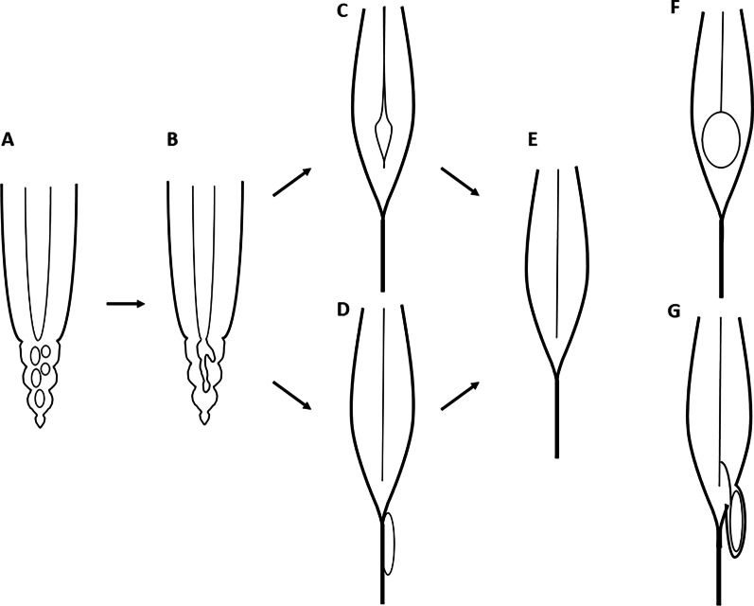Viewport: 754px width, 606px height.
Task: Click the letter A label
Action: pos(8,140)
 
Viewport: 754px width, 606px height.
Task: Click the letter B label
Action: pos(172,140)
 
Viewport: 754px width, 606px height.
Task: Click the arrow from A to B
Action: pos(125,303)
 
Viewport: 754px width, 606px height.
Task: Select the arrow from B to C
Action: pos(293,182)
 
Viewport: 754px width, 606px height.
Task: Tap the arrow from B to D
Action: pos(293,395)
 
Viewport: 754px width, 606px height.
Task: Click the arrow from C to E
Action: pos(461,182)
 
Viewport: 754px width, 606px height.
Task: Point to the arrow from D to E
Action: pos(461,395)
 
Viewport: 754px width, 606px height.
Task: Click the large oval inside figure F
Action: pos(721,139)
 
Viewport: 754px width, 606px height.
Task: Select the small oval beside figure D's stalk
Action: pos(389,544)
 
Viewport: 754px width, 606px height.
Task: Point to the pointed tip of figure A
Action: pos(39,421)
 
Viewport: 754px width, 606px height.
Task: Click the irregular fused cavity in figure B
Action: pos(205,369)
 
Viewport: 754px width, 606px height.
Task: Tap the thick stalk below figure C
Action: pos(382,254)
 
